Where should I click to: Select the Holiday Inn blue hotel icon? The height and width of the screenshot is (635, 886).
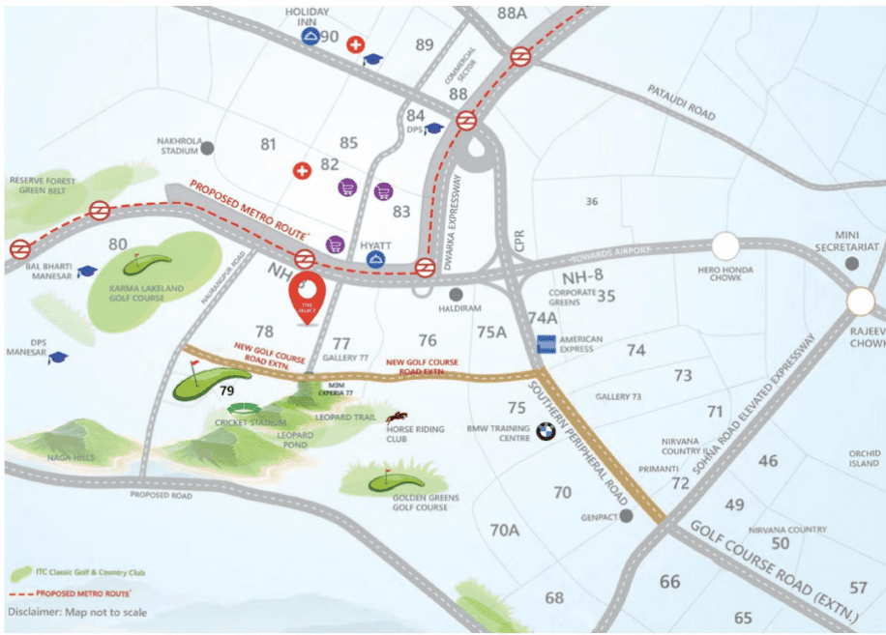(310, 38)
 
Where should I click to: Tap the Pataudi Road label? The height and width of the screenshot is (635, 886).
(682, 101)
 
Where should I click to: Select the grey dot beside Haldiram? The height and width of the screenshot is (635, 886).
(456, 294)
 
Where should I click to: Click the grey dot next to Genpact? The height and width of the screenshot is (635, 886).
(627, 516)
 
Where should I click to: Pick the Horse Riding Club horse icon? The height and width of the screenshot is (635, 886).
(396, 418)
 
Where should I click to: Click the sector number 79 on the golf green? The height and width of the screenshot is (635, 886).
(227, 390)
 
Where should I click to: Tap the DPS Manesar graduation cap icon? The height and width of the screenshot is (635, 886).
(58, 358)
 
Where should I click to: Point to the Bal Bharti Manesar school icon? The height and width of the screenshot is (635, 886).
(88, 272)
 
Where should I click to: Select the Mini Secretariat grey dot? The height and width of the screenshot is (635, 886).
(851, 263)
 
